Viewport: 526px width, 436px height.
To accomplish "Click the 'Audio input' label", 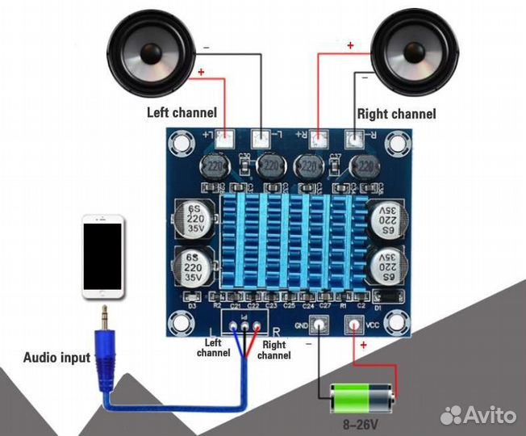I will coord(56,358).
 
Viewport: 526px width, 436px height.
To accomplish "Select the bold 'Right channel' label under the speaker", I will coord(396,114).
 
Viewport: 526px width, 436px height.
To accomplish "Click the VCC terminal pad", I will coord(353,325).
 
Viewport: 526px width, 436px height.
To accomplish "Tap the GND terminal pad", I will coord(320,325).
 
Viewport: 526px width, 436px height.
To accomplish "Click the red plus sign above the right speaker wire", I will coord(350,45).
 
